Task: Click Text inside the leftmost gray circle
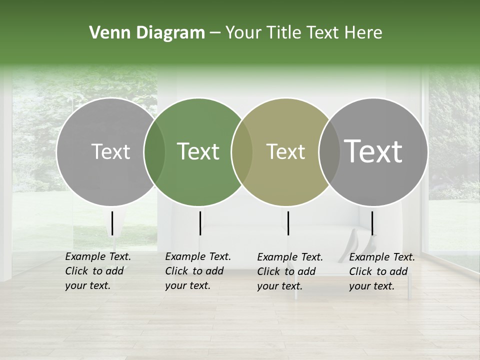(x=110, y=151)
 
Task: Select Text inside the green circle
(x=198, y=151)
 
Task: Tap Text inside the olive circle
(x=285, y=151)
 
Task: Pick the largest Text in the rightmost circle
(x=373, y=151)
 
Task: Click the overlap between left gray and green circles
(x=154, y=151)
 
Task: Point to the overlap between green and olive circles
(x=242, y=151)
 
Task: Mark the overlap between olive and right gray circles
(x=329, y=151)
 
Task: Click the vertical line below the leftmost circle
(x=112, y=223)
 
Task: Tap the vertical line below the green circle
(x=200, y=223)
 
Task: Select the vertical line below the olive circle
(x=288, y=223)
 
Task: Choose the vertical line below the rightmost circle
(x=372, y=223)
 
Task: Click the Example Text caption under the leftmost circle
(x=97, y=271)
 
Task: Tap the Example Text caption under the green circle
(x=197, y=271)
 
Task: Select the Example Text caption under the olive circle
(x=289, y=271)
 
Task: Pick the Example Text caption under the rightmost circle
(x=381, y=271)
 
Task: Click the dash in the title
(x=215, y=33)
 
